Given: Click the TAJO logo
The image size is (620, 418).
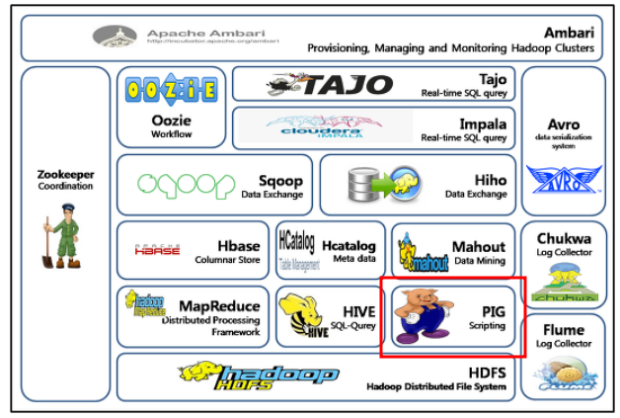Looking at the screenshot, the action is coord(331,85).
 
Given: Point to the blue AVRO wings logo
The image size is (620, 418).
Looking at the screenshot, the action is coord(563,179).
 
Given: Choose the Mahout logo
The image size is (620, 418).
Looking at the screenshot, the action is coord(422,256).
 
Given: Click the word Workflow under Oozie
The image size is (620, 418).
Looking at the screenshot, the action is coord(169,134).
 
